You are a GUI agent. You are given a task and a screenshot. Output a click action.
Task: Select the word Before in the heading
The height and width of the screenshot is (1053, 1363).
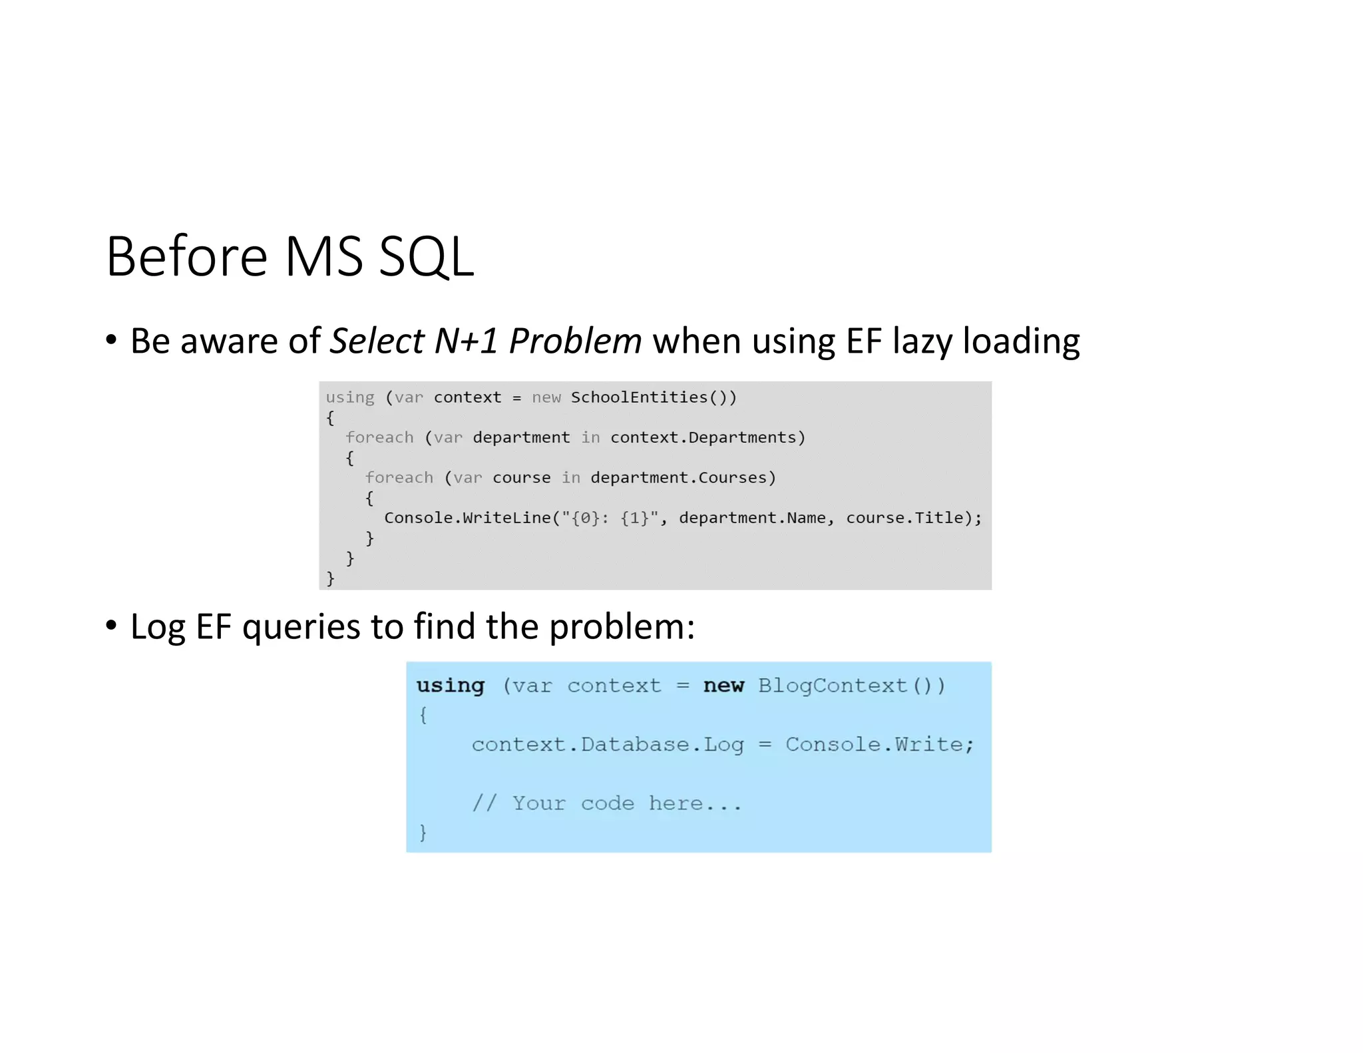(x=186, y=257)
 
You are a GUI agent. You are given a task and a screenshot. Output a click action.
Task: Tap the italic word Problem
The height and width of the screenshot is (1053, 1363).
(x=575, y=341)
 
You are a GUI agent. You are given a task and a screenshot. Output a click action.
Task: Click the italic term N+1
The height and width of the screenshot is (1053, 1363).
(x=466, y=341)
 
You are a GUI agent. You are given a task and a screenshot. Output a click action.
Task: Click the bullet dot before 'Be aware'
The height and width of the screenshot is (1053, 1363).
(x=111, y=340)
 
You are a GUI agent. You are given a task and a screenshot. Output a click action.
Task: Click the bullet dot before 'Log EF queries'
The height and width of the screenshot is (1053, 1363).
(x=111, y=626)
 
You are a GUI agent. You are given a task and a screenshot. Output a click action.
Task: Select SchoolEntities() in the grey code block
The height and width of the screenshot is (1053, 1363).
(x=653, y=397)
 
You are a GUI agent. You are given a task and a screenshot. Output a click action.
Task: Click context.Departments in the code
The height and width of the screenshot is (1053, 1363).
(x=707, y=437)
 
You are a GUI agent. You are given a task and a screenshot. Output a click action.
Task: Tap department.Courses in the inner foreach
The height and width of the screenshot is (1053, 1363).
(x=683, y=478)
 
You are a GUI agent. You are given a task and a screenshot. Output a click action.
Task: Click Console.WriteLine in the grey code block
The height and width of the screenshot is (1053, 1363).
(x=467, y=518)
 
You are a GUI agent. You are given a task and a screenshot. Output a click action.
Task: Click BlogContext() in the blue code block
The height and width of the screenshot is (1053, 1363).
(x=851, y=686)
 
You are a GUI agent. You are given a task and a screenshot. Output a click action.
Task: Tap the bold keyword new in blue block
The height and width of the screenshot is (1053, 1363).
(x=723, y=686)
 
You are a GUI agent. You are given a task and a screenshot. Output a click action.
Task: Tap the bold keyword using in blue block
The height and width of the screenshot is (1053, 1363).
(x=451, y=686)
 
